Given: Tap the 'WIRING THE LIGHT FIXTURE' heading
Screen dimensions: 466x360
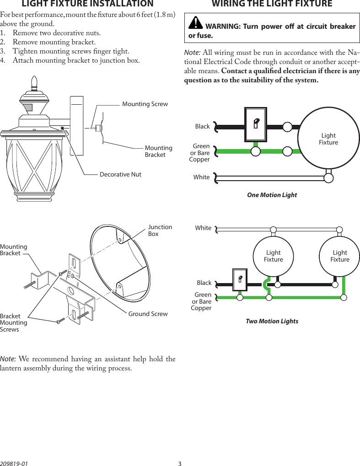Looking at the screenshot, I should pos(272,4).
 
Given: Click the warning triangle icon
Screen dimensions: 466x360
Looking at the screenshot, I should pos(196,22).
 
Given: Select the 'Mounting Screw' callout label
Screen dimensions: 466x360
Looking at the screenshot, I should pos(145,104).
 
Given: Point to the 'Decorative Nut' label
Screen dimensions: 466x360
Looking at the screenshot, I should pos(121,175).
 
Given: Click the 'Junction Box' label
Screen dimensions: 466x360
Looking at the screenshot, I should pos(160,230).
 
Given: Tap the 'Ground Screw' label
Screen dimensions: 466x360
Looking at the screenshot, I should pos(148,314).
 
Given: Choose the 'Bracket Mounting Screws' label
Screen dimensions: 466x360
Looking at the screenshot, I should pos(14,322).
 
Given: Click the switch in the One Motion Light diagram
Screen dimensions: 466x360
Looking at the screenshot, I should pos(256,124).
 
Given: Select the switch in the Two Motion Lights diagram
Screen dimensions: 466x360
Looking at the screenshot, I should pos(239,279).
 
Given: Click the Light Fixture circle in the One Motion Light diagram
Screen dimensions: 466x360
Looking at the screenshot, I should pos(328,139).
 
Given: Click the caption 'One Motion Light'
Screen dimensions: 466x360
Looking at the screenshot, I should pos(272,195).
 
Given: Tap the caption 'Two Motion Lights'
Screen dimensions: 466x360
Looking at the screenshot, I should pos(272,321).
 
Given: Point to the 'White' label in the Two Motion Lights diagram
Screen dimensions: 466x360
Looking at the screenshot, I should pos(203,228).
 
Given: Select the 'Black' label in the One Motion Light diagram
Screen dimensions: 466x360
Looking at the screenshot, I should pos(202,127).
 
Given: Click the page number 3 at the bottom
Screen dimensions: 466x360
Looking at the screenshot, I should pos(180,463).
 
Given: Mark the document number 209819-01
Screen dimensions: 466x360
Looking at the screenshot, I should pos(14,463).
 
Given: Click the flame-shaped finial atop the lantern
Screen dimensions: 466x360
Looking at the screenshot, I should pos(33,82).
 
